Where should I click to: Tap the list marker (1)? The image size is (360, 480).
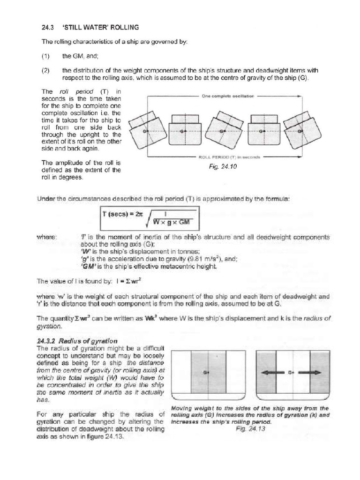tap(45, 56)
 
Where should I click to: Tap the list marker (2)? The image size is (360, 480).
tap(45, 70)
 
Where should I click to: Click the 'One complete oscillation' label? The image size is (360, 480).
tap(227, 96)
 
